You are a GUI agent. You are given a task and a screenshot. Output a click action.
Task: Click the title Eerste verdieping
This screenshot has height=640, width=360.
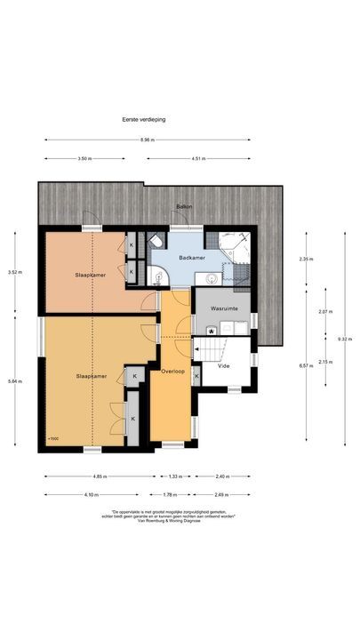coord(145,118)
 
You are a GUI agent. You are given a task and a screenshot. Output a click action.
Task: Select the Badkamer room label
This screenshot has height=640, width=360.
coord(192,258)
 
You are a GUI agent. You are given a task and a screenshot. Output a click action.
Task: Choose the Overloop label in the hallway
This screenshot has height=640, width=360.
coord(172,370)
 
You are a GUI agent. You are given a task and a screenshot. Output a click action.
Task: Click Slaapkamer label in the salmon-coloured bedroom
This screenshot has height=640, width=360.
coord(91,275)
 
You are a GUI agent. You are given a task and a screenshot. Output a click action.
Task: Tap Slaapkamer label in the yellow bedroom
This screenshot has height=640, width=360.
coord(92,376)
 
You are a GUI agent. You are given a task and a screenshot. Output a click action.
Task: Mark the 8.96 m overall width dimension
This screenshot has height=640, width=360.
coord(148,140)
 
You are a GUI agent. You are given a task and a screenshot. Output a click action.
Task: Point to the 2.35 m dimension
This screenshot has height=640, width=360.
coord(307,260)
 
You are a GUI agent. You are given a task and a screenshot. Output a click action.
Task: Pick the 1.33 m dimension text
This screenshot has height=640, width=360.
coord(175,477)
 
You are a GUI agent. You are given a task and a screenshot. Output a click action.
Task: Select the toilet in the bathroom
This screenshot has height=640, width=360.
coord(156,242)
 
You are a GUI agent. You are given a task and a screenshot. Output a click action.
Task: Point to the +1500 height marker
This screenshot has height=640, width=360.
coord(53,438)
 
